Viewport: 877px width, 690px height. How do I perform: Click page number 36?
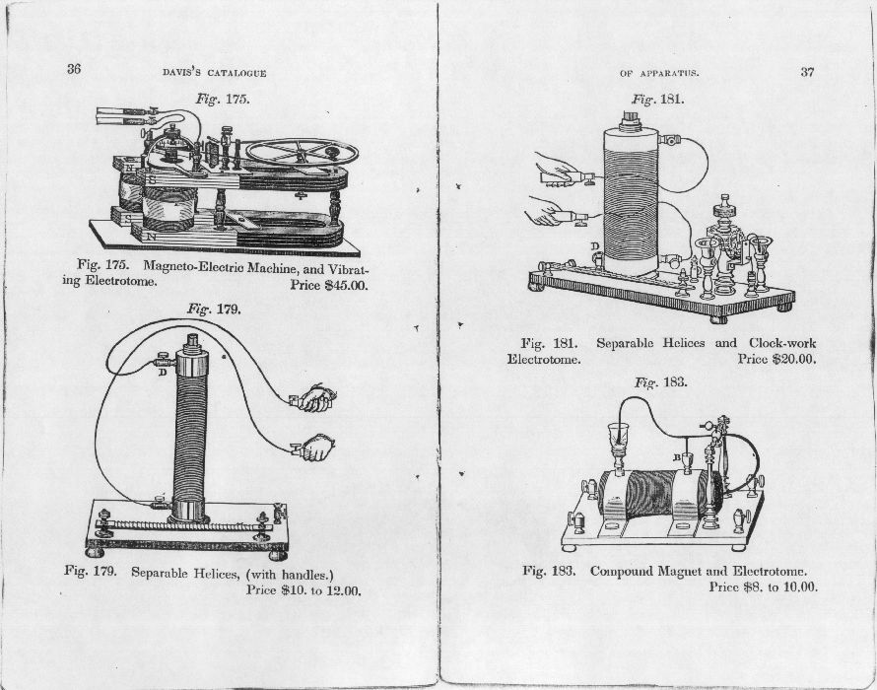[x=74, y=69]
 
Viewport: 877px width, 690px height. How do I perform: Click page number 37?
[x=808, y=72]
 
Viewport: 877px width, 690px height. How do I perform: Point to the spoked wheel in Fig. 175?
[x=302, y=152]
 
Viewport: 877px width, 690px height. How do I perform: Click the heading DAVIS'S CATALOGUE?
[x=214, y=72]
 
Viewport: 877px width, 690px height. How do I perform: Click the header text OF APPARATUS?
[x=659, y=73]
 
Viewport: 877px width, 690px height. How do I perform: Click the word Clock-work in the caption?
[x=779, y=343]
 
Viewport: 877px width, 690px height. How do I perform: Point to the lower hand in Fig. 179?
[x=315, y=449]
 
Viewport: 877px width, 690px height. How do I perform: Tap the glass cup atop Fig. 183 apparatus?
[x=619, y=435]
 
